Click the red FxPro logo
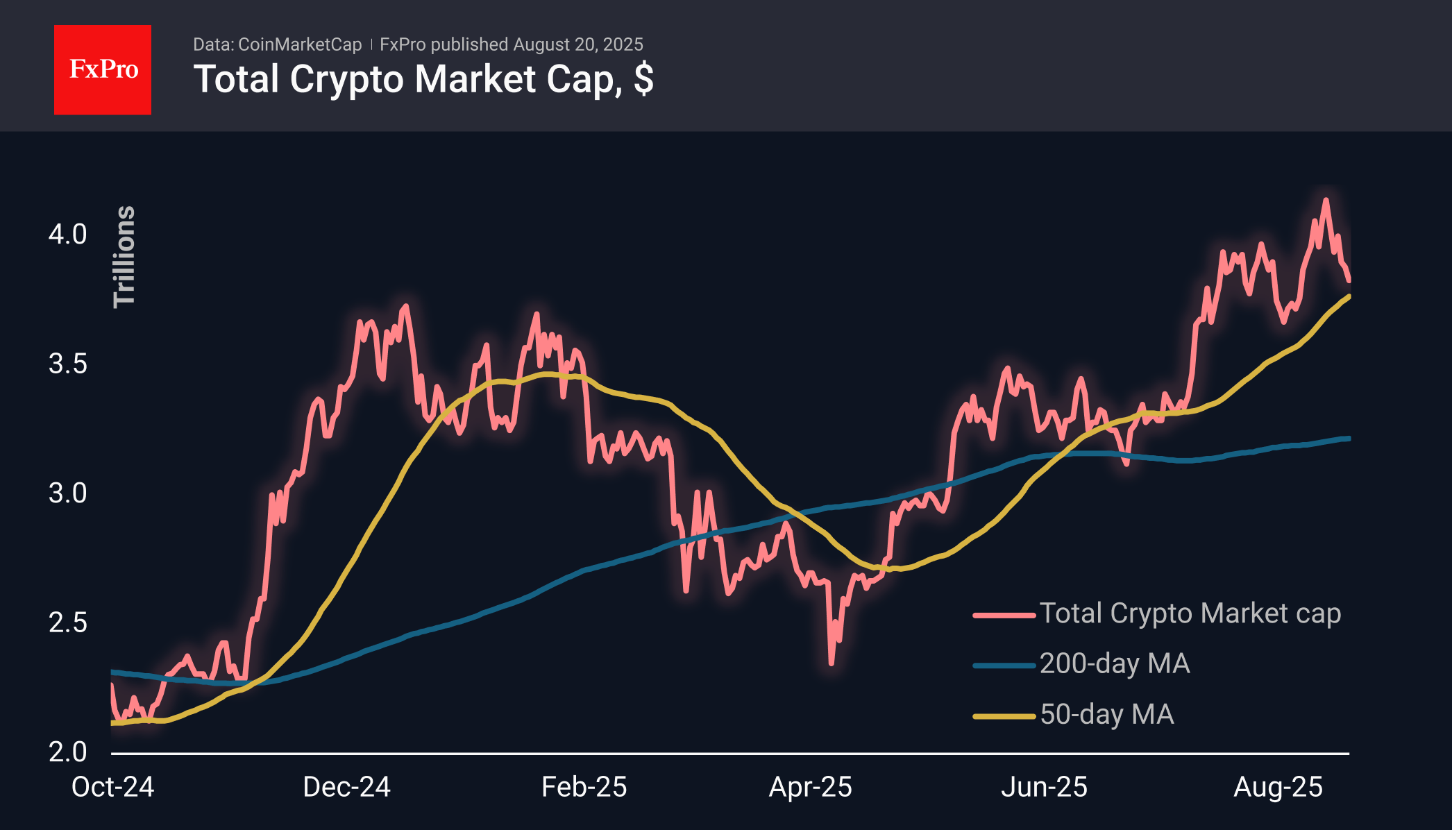coord(103,69)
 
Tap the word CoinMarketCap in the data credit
coord(299,44)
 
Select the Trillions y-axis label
coord(124,256)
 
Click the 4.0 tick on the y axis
coord(67,235)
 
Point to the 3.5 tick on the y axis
coord(67,364)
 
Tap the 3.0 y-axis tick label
coord(67,493)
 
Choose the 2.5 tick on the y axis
coord(67,622)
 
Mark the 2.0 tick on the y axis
coord(67,752)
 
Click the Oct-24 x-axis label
coord(112,787)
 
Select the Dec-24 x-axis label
coord(346,787)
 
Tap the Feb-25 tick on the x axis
coord(584,787)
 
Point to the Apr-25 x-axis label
coord(810,787)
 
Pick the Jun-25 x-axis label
coord(1044,787)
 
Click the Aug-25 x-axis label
coord(1278,787)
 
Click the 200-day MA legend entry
coord(1114,664)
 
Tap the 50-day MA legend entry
coord(1106,715)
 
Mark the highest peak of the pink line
coord(1326,201)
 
